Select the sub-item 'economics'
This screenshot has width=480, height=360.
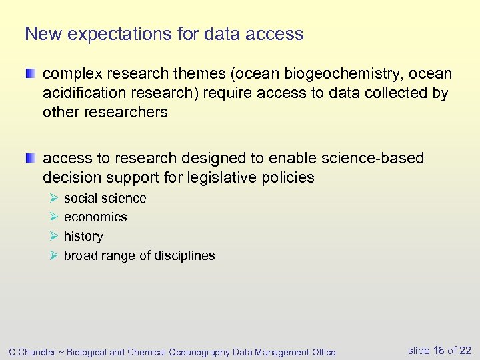[95, 217]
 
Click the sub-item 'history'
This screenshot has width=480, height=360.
[83, 236]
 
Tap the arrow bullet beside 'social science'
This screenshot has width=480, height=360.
[53, 198]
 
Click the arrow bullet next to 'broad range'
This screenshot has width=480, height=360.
[53, 255]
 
